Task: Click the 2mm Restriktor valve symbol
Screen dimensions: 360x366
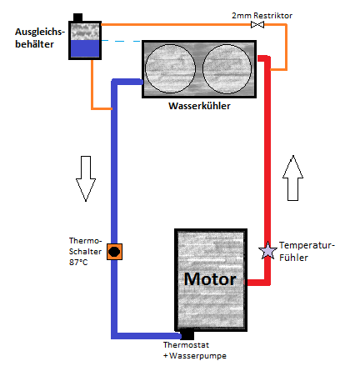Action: point(257,25)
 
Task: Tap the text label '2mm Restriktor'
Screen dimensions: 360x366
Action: point(262,16)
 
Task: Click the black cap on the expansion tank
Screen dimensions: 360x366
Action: point(78,18)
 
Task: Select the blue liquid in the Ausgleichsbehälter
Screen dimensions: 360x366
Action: point(85,49)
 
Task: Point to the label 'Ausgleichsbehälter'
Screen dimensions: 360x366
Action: point(40,38)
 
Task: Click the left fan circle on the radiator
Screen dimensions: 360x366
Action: point(170,68)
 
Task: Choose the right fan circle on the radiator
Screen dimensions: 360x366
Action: point(227,69)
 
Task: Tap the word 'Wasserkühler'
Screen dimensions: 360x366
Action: point(199,106)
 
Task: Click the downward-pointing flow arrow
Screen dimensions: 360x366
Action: point(86,178)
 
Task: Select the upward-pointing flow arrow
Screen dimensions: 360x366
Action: point(292,178)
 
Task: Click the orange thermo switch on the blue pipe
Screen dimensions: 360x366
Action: point(114,252)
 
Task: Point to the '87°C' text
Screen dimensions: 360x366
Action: point(78,262)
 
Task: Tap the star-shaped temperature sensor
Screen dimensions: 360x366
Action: point(267,251)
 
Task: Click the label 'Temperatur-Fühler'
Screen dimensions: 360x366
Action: point(307,251)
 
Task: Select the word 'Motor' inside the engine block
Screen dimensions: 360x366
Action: point(210,279)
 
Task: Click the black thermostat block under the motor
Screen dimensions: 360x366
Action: point(187,334)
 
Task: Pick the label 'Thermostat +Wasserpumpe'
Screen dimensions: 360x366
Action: point(195,350)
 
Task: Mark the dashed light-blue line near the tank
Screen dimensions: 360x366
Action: point(122,41)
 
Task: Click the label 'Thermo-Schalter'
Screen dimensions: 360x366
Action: point(85,246)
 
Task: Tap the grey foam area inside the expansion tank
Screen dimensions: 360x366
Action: point(85,32)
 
